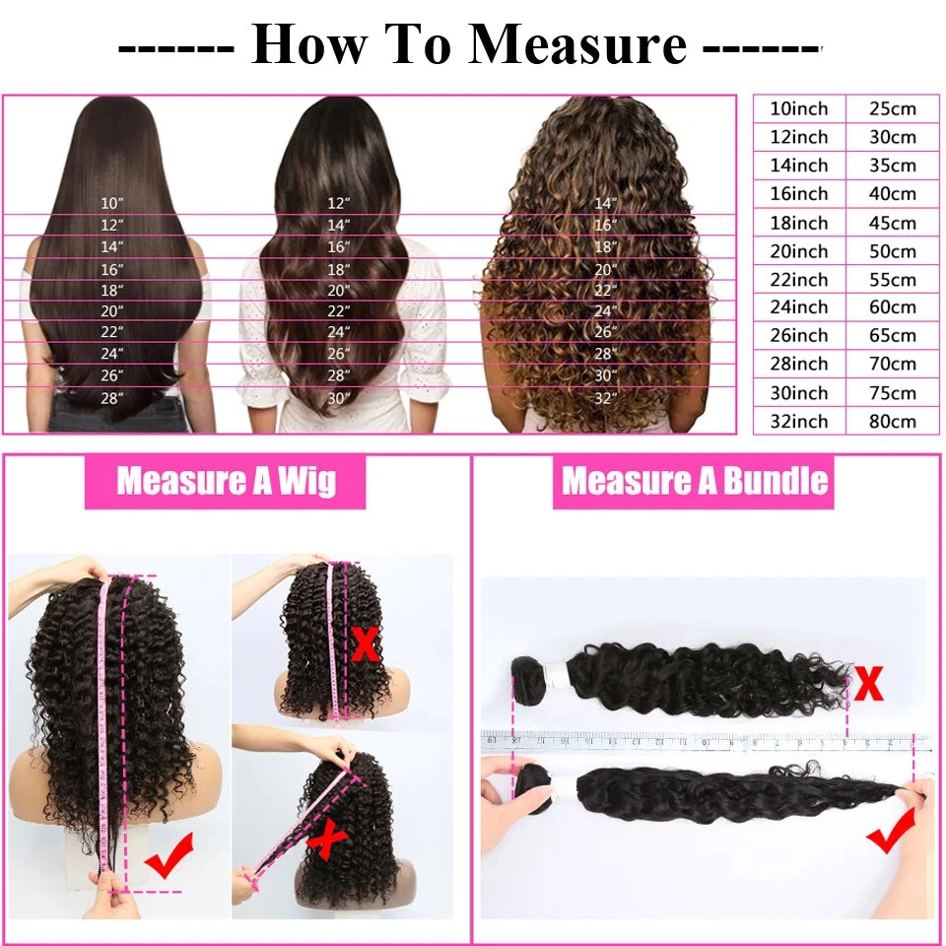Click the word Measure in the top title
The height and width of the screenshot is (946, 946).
tap(577, 43)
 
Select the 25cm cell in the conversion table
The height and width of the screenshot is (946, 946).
tap(893, 108)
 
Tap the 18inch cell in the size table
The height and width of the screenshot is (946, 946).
tap(799, 223)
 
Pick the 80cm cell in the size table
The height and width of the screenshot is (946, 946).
tap(893, 421)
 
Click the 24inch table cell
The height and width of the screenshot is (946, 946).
tap(799, 307)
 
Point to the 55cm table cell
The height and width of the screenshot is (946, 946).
tap(893, 279)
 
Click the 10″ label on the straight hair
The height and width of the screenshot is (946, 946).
tap(111, 203)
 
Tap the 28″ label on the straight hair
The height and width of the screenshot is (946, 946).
tap(111, 398)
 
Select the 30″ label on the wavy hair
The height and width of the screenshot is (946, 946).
tap(338, 398)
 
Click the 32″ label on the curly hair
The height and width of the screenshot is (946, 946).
tap(606, 398)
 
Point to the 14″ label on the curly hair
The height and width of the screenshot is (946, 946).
tap(606, 203)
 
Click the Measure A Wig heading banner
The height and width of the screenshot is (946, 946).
tap(225, 482)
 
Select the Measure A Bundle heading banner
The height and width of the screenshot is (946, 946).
tap(693, 482)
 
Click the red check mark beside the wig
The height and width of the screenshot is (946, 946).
tap(169, 855)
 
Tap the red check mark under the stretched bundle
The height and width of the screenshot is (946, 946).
tap(892, 829)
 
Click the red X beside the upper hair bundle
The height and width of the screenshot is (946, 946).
tap(869, 683)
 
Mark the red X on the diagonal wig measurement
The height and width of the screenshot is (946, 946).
tap(326, 840)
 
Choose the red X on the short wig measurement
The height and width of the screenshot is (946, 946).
tap(366, 644)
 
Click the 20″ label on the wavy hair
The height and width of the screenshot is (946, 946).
tap(338, 290)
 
